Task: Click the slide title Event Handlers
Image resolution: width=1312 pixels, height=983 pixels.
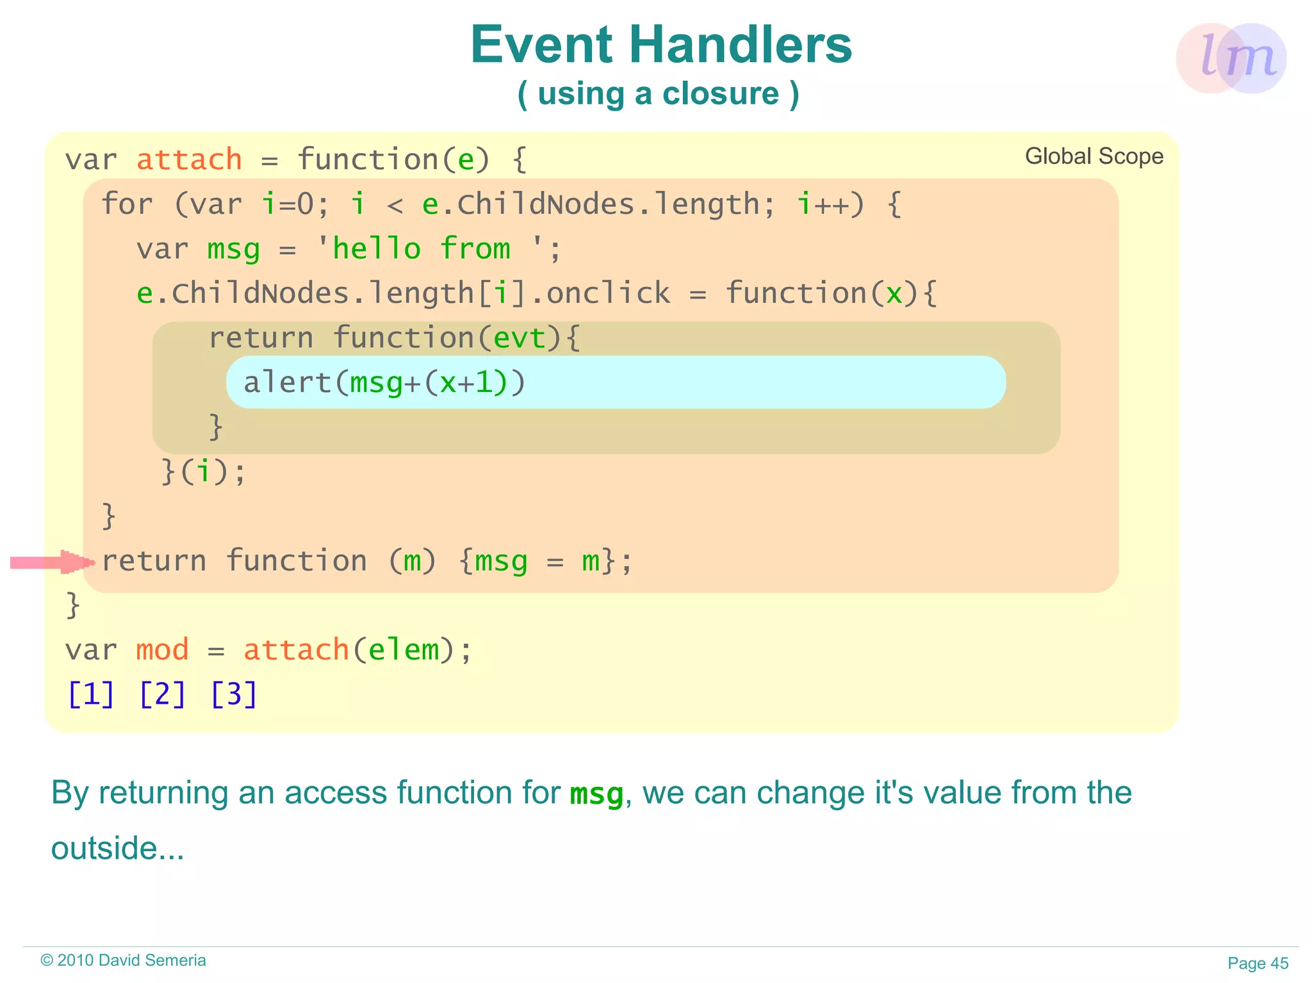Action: click(660, 45)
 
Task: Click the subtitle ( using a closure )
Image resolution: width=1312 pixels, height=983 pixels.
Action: click(658, 94)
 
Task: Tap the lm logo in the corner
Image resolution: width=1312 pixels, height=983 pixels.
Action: click(1231, 58)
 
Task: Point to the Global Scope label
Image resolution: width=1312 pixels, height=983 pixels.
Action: click(1094, 156)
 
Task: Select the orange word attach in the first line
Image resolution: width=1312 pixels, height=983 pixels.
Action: click(189, 159)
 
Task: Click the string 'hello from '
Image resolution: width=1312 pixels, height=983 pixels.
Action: click(430, 248)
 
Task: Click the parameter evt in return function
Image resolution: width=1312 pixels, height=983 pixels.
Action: click(520, 337)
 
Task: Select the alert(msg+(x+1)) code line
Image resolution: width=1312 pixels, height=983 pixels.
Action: click(384, 382)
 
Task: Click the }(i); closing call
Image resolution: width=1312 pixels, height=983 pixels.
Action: click(203, 471)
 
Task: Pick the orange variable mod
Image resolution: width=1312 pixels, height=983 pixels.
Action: click(162, 650)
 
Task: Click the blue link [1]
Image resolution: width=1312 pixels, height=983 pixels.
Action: click(91, 694)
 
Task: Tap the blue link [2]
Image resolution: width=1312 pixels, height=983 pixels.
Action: click(162, 694)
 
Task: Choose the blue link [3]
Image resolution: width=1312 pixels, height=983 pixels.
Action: click(234, 694)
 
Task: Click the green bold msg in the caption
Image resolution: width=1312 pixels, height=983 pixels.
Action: click(596, 794)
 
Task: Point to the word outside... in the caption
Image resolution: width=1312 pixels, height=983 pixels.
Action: click(117, 848)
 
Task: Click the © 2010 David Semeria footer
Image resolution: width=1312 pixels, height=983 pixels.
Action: click(123, 960)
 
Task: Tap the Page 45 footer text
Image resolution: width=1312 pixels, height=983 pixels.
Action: click(1258, 963)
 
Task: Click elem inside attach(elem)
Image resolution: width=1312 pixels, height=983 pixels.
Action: click(404, 650)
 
